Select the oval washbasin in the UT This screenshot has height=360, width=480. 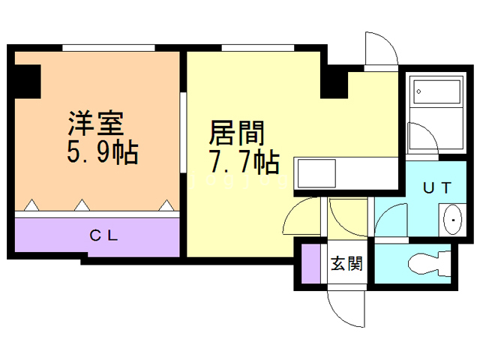[454, 221]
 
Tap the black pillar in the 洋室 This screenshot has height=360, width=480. [28, 82]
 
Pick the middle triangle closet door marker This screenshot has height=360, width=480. [80, 204]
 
